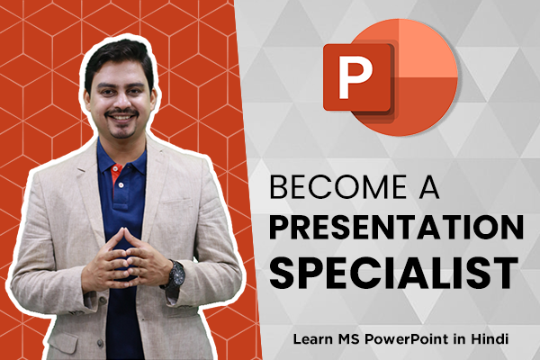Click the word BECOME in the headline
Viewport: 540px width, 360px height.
pos(338,187)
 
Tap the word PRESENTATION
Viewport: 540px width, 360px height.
pos(397,228)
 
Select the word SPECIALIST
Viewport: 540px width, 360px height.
pos(394,273)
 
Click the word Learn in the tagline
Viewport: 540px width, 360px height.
pos(313,339)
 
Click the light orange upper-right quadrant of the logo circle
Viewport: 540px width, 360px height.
pos(426,50)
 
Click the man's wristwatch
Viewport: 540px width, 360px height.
pos(176,274)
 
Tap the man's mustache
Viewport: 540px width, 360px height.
pos(121,112)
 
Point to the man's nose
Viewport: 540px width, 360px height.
pos(121,102)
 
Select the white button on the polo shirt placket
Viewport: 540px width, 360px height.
pos(121,185)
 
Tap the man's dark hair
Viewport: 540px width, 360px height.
pos(119,58)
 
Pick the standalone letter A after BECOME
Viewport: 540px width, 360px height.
pos(428,187)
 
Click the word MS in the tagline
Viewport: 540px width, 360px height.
pos(349,339)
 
